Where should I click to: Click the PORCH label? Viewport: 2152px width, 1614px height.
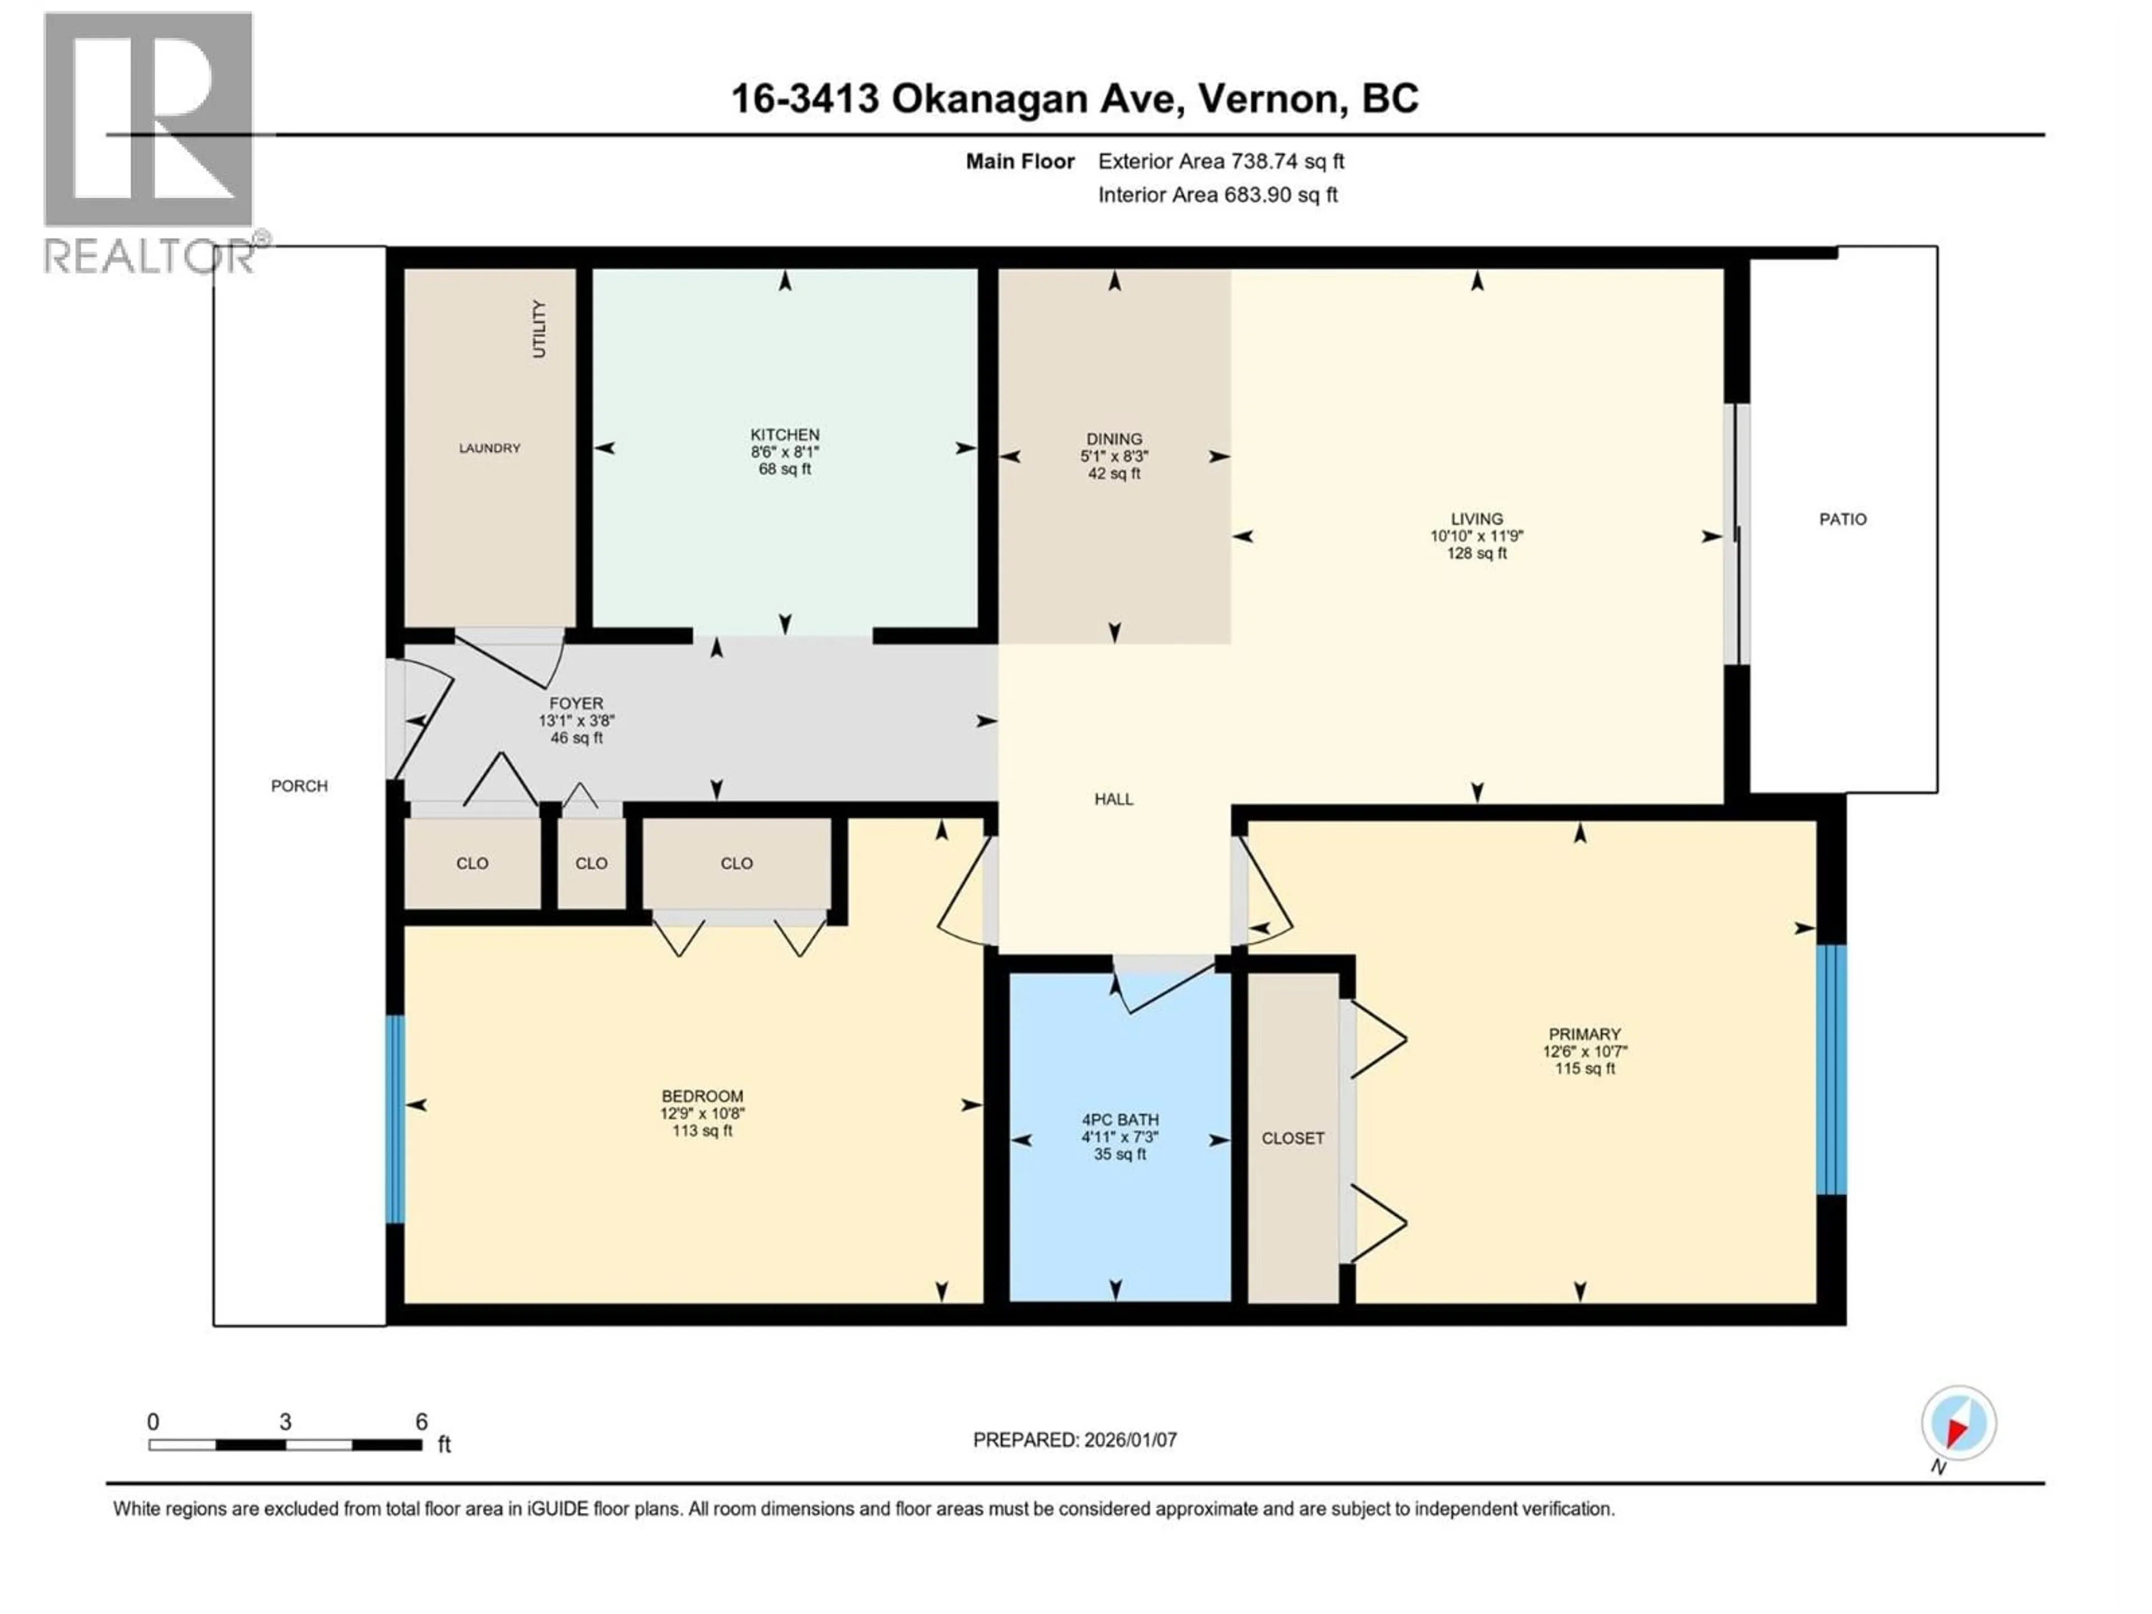(x=299, y=786)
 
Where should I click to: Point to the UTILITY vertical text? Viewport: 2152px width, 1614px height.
(x=539, y=329)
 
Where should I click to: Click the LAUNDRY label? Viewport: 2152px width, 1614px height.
(x=489, y=448)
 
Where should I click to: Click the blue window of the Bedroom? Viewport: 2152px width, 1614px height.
(x=395, y=1119)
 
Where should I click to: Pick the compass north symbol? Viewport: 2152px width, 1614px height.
(x=1959, y=1424)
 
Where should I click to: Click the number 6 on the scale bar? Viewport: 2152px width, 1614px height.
(x=421, y=1421)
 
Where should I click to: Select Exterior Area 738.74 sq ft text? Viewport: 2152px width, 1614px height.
(x=1221, y=161)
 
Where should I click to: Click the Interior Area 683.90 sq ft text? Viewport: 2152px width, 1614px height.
(x=1217, y=194)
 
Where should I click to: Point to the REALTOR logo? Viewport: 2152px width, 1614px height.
(x=149, y=141)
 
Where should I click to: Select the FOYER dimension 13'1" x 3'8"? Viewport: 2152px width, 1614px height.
(x=576, y=721)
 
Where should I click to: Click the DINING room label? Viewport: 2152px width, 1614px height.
(x=1114, y=439)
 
